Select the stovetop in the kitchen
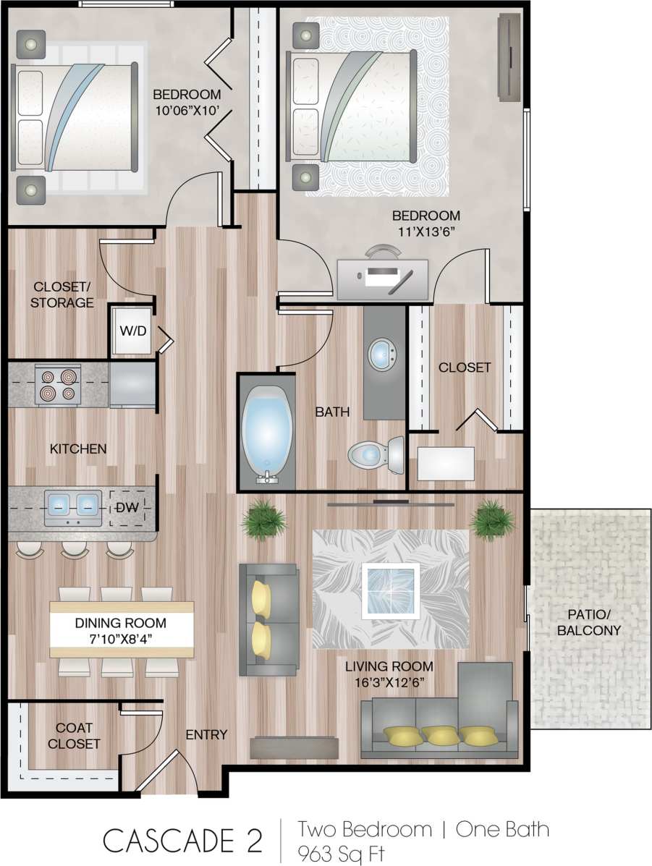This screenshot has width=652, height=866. [x=57, y=385]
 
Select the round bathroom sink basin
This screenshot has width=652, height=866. [x=382, y=355]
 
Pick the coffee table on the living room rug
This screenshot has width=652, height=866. [x=391, y=589]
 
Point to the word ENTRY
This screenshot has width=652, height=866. [x=206, y=735]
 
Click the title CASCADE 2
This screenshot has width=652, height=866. [x=182, y=840]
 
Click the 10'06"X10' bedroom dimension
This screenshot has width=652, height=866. [x=186, y=111]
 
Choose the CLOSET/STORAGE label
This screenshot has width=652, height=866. [x=62, y=294]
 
